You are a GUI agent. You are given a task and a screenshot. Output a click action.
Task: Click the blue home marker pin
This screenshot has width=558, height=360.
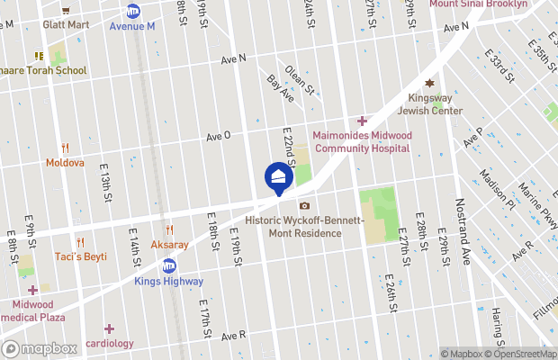[278, 176]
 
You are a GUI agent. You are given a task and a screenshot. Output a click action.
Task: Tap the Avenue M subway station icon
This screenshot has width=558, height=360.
[133, 11]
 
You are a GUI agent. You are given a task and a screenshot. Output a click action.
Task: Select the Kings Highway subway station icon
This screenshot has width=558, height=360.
[168, 265]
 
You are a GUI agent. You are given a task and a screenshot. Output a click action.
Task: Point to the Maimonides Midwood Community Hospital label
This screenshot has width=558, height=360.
[361, 141]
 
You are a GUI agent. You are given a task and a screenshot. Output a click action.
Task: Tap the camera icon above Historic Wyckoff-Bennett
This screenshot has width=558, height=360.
[304, 206]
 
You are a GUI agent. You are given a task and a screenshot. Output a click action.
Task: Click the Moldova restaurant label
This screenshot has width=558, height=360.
[65, 163]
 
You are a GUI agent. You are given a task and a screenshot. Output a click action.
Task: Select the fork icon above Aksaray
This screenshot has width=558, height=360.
[168, 230]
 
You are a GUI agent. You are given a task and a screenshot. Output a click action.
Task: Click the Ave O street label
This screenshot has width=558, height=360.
[219, 136]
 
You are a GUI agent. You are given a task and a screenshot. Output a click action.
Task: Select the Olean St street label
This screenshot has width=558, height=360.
[300, 79]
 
